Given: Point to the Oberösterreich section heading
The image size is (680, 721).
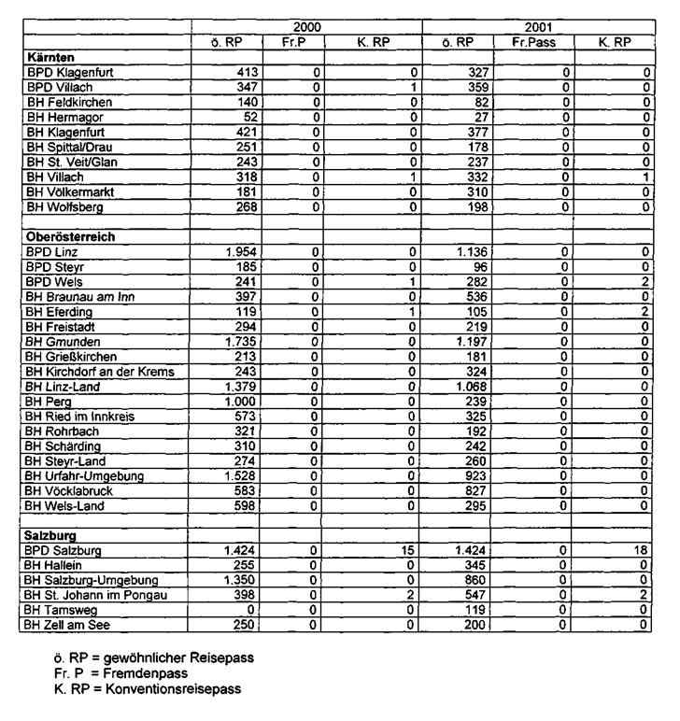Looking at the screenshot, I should click(x=70, y=236).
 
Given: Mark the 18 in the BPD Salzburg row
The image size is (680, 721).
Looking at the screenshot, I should click(x=642, y=550).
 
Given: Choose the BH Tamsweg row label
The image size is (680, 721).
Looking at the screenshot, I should click(x=62, y=610).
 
